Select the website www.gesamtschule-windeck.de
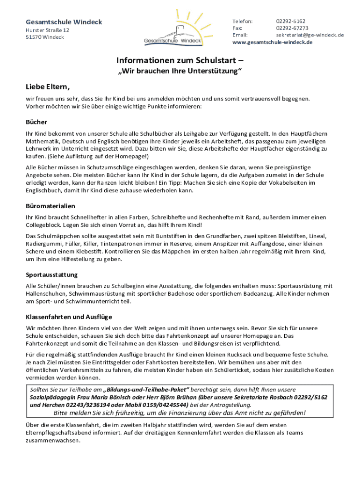(273, 42)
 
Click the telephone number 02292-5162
(290, 22)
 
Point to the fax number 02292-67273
(292, 28)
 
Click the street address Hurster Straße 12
(47, 30)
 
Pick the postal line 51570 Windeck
(45, 37)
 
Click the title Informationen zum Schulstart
(180, 60)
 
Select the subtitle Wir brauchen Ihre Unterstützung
(180, 71)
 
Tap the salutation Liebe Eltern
(48, 87)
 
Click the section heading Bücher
(36, 122)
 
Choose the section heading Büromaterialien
(50, 206)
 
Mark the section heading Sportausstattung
(51, 275)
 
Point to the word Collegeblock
(43, 225)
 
